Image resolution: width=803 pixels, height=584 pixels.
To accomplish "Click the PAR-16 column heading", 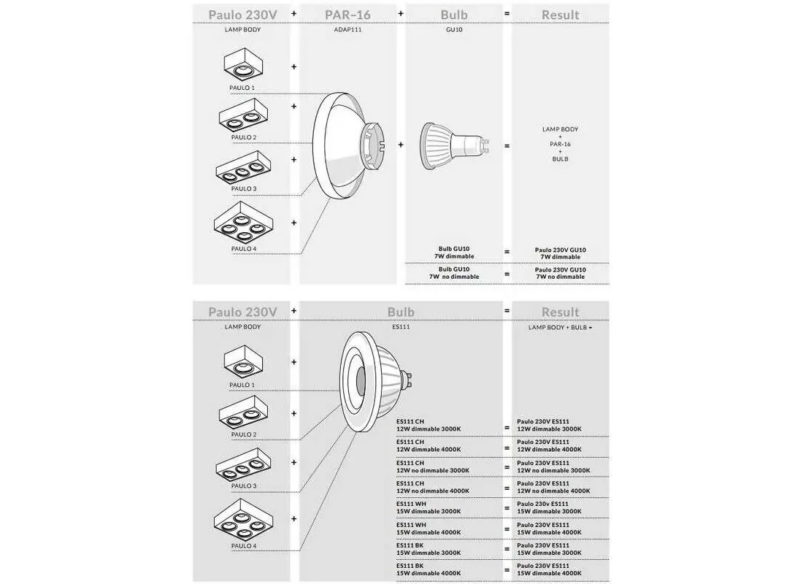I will click(x=349, y=15).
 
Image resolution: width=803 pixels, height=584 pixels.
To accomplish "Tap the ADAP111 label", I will click(x=348, y=30).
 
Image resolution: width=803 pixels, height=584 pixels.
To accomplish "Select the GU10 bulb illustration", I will click(x=452, y=145).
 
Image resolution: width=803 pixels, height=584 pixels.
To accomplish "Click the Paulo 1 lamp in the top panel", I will click(x=243, y=65).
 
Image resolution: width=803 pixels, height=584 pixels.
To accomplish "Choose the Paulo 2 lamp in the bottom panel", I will click(x=243, y=412).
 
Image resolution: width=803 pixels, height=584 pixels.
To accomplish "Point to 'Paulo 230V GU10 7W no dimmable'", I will click(x=560, y=273).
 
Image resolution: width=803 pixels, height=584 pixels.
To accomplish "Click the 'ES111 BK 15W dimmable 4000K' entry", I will click(x=429, y=569).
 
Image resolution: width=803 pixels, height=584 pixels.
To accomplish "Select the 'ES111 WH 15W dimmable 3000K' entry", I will click(x=429, y=508).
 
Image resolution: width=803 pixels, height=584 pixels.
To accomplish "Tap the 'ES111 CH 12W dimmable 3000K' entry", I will click(x=429, y=425).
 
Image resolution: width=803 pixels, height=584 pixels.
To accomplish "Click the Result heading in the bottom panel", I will click(x=560, y=312).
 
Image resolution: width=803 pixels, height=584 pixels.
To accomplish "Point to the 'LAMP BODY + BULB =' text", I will click(x=560, y=328).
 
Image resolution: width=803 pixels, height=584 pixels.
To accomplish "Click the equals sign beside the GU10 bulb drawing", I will click(x=507, y=145).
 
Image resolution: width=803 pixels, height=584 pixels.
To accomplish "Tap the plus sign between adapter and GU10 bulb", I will click(x=401, y=145).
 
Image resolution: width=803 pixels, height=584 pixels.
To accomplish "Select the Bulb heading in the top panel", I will click(x=454, y=15).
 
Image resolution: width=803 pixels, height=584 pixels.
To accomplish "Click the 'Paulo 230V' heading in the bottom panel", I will click(x=242, y=312).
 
